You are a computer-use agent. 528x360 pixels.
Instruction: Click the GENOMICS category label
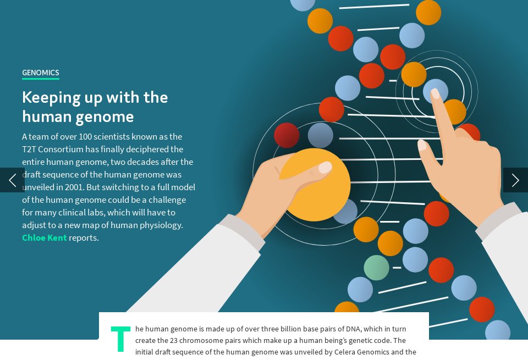(40, 73)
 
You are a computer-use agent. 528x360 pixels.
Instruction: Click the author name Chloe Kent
(44, 238)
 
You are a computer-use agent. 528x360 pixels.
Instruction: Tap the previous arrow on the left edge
(12, 180)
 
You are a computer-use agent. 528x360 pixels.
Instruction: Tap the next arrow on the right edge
(515, 180)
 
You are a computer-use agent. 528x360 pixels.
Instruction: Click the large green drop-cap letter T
(120, 339)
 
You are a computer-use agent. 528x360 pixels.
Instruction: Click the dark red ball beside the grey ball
(287, 135)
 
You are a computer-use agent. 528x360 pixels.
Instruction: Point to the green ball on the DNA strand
(376, 268)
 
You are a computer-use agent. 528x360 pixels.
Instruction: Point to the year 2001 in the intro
(75, 187)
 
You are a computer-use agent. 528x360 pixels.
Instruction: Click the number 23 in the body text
(174, 340)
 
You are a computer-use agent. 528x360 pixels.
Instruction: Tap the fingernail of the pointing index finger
(435, 93)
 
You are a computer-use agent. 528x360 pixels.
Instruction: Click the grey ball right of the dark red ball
(321, 135)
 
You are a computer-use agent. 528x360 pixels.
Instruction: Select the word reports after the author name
(84, 238)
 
